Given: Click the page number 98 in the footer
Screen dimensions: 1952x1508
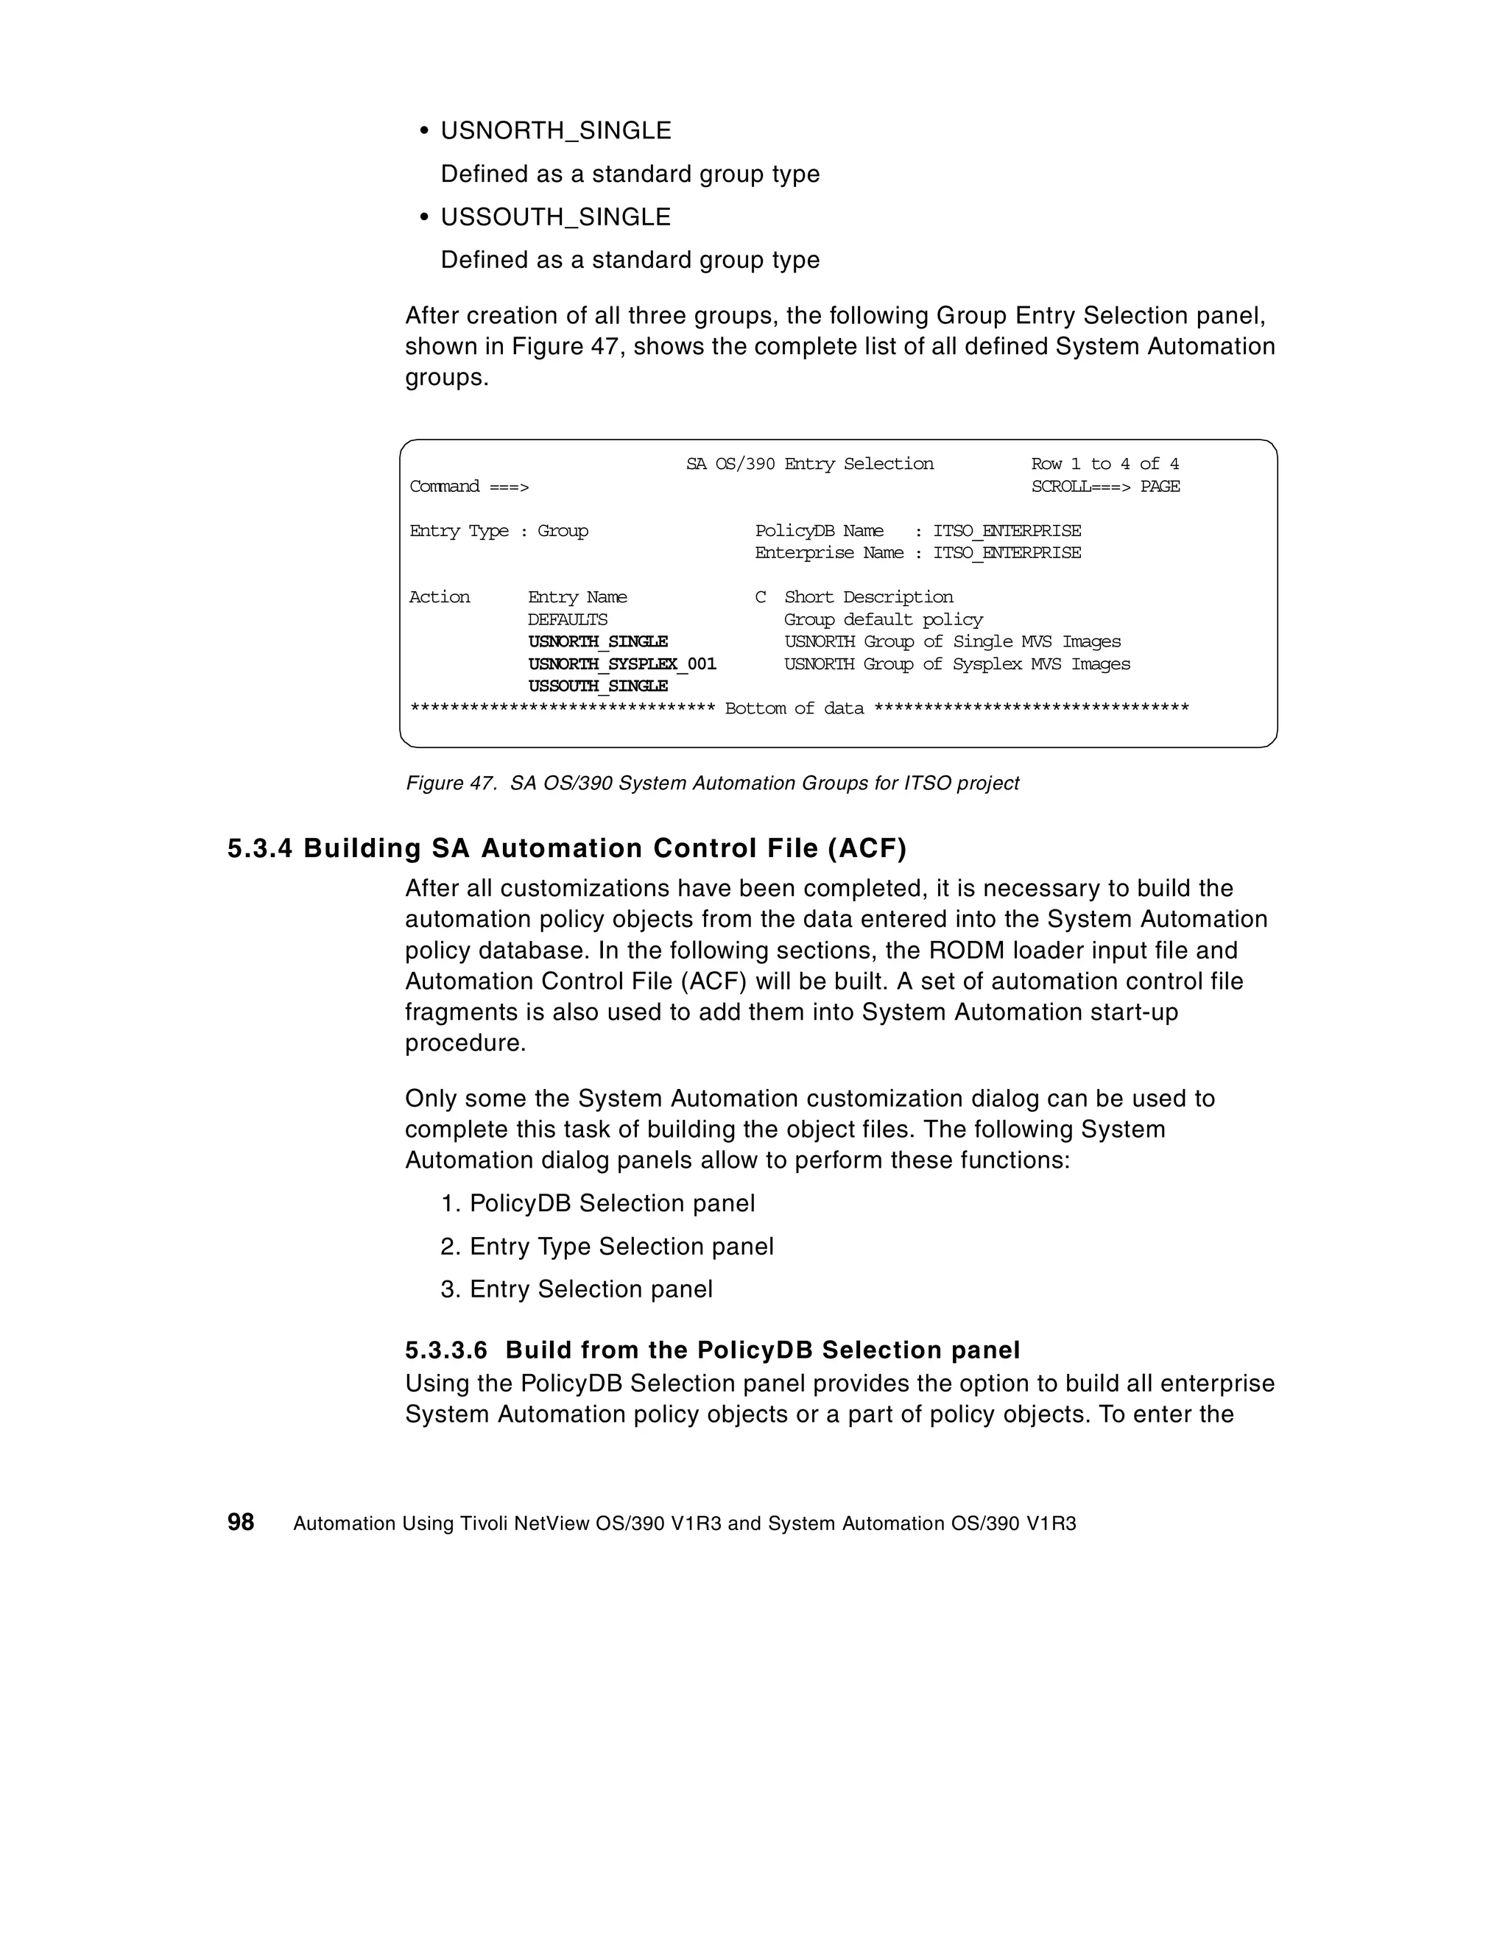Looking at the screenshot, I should click(x=241, y=1522).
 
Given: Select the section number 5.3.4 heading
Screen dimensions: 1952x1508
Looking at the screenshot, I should click(x=259, y=848).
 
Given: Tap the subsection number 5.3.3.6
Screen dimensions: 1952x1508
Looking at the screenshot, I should click(x=446, y=1350).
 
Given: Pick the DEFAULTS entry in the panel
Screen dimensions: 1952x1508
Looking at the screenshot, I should click(x=567, y=619).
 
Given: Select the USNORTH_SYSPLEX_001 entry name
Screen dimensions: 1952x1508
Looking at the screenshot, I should click(x=621, y=664).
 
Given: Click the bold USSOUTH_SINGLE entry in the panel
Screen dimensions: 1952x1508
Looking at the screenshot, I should click(x=597, y=686).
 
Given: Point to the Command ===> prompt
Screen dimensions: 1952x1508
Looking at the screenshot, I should click(x=468, y=486).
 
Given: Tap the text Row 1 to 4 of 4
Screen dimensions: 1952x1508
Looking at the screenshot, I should click(x=1104, y=464).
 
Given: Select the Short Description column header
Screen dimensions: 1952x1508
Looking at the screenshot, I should click(x=868, y=597).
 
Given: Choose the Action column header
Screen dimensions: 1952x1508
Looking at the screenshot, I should click(x=439, y=597).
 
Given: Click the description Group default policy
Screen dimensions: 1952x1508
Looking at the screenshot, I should click(x=883, y=619).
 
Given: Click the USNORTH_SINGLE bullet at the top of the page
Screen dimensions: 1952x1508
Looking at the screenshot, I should click(x=555, y=130).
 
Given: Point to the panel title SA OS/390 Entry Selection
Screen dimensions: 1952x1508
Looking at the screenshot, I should click(x=809, y=464).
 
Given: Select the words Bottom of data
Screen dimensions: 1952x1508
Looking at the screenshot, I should click(x=794, y=709).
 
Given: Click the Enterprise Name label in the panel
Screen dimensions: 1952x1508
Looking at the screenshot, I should click(x=828, y=552).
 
